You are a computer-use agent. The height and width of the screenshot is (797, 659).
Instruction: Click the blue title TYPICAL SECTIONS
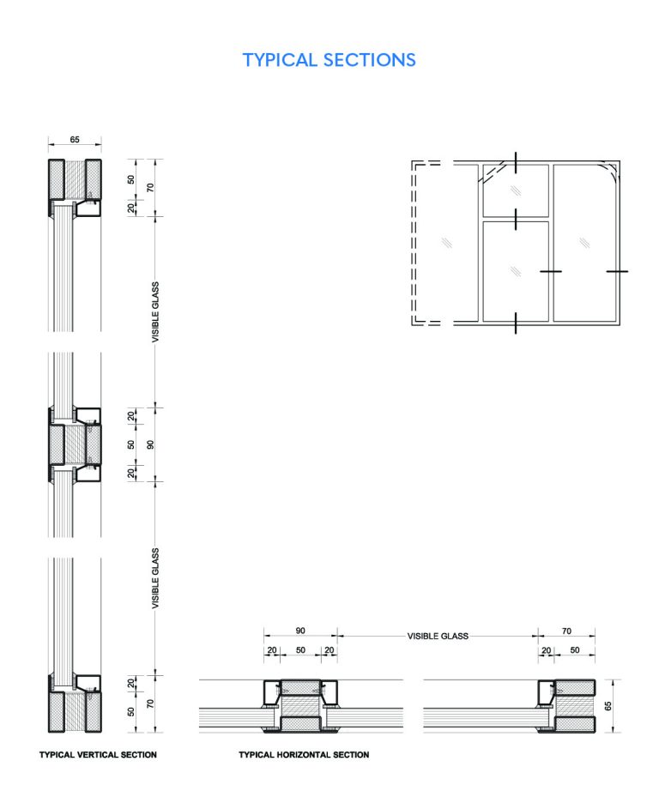click(x=329, y=60)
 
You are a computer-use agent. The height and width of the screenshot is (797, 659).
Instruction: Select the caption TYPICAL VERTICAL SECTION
click(x=98, y=755)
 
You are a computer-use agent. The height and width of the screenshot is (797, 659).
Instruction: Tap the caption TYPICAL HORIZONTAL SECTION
click(x=304, y=755)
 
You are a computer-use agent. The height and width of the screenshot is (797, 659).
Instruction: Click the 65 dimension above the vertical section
click(x=75, y=137)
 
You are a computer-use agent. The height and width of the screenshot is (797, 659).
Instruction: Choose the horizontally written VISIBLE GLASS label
click(x=438, y=637)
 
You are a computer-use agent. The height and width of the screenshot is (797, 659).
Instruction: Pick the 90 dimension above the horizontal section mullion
click(x=299, y=631)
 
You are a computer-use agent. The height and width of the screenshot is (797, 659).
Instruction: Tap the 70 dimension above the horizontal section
click(x=566, y=631)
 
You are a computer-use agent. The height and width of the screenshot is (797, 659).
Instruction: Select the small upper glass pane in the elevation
click(x=515, y=190)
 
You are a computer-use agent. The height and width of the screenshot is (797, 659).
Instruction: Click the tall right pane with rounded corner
click(x=585, y=242)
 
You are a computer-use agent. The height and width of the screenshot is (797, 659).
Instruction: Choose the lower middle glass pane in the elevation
click(x=515, y=270)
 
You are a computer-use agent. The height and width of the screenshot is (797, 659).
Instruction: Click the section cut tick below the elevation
click(x=515, y=323)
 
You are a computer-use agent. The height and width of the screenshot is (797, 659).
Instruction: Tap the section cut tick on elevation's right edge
click(x=617, y=271)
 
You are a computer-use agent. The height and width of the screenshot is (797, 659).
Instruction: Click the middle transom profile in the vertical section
click(x=75, y=444)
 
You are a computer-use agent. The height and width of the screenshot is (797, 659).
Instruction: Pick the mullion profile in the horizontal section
click(x=299, y=706)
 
